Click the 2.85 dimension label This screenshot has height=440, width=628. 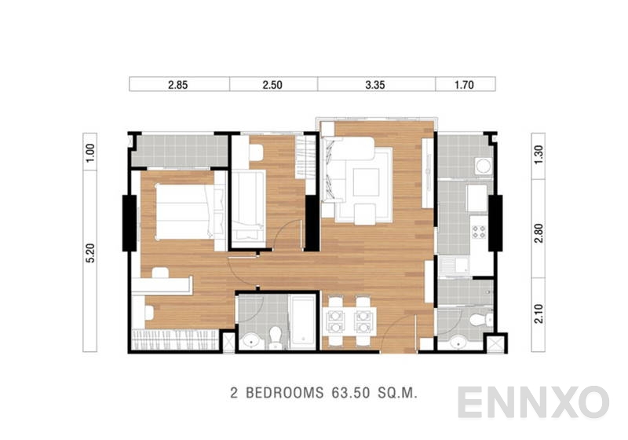coord(179,84)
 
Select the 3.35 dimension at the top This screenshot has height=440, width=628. coord(376,84)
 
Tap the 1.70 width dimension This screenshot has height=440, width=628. coord(466,84)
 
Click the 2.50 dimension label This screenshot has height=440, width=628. coord(273,84)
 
